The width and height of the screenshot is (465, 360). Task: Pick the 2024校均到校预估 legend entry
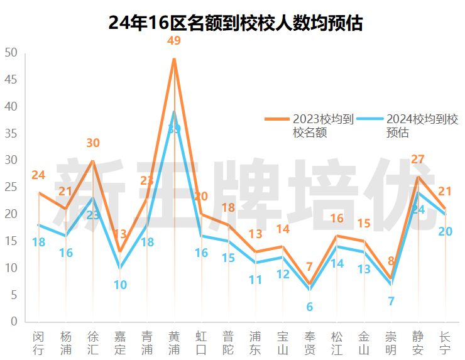pos(408,125)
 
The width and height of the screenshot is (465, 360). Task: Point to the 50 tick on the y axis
pos(11,53)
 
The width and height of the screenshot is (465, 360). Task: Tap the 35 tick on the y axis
pos(11,134)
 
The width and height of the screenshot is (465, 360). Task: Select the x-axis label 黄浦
pos(174,342)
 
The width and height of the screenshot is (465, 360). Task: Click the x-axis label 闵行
pos(39,342)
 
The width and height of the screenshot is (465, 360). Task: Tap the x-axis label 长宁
pos(445,342)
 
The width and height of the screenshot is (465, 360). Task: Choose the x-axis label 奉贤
pos(310,342)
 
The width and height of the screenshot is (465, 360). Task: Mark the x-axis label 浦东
pos(255,342)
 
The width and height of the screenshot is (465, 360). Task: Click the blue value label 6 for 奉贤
pos(310,307)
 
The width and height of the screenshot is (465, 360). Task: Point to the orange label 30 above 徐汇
pos(93,143)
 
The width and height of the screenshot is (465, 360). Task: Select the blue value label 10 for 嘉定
pos(120,285)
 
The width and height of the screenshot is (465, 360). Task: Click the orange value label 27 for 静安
pos(418,159)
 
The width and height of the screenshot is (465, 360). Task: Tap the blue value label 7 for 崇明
pos(391,301)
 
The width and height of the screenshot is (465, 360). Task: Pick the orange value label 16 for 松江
pos(337,219)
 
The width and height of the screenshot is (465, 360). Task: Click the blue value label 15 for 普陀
pos(228,258)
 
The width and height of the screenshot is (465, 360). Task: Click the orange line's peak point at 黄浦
pos(174,58)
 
